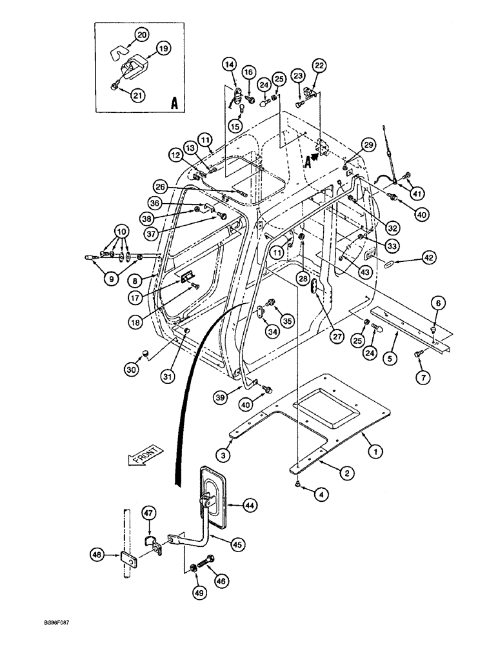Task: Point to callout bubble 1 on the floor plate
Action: [372, 453]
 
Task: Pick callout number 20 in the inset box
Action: [141, 35]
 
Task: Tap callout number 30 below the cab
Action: [133, 370]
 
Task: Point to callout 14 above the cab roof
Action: [229, 63]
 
